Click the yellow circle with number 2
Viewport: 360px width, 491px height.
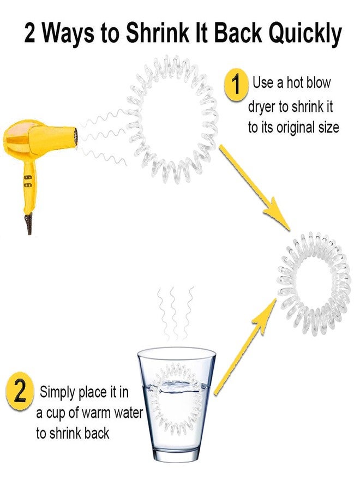tap(20, 391)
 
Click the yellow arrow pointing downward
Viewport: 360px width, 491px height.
tap(254, 187)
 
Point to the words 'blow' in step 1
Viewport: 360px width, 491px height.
tap(319, 83)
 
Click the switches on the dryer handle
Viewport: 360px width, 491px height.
tap(28, 181)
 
